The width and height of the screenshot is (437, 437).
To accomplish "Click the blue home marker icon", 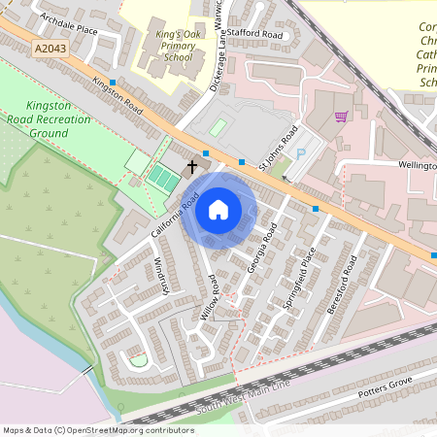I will point(218,210).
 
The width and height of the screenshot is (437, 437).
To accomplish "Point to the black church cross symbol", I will point(191,166).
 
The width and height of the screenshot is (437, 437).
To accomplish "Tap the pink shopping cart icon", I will point(341,117).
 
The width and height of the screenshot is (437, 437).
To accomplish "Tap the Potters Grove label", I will point(385,386).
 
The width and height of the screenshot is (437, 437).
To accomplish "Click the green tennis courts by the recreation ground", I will point(157,177).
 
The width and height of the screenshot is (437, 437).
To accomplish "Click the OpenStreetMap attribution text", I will point(98,429).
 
